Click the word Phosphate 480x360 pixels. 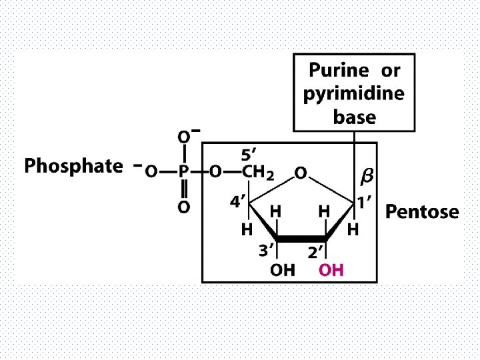tap(73, 166)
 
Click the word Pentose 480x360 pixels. tap(422, 212)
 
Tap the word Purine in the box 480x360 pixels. tap(338, 70)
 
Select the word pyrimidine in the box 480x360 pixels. tap(353, 94)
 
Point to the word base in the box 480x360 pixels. tap(354, 117)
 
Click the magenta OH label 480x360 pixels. tap(331, 270)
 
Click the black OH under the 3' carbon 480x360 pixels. tap(283, 270)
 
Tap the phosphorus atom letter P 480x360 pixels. tap(183, 172)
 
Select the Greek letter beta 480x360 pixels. tap(367, 177)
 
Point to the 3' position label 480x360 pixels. tap(267, 251)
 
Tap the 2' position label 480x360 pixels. tap(315, 251)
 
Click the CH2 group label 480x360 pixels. tap(257, 173)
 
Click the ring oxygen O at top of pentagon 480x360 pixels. tap(301, 173)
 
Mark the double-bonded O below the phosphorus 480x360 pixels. tap(183, 207)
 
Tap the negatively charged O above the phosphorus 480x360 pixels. tap(183, 137)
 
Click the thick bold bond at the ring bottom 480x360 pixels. tap(301, 238)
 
